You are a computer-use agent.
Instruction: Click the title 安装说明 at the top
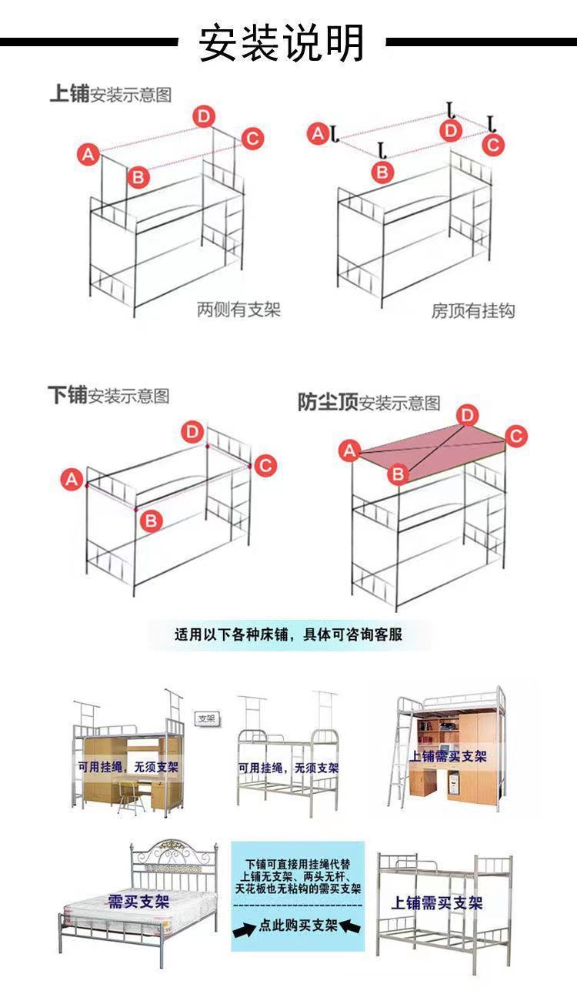[x=282, y=42]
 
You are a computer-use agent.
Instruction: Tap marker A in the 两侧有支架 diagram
[x=88, y=154]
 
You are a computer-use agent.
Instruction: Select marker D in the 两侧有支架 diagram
[x=203, y=116]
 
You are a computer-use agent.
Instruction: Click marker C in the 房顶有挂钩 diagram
[x=493, y=144]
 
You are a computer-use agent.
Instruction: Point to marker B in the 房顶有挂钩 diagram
[x=382, y=172]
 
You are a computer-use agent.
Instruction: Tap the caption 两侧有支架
[x=238, y=310]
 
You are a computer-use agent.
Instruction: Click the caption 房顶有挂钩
[x=472, y=311]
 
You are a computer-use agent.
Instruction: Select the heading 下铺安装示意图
[x=108, y=396]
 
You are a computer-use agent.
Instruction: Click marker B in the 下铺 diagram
[x=151, y=521]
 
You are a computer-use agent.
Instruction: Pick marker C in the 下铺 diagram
[x=265, y=466]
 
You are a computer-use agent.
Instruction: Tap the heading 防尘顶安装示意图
[x=369, y=402]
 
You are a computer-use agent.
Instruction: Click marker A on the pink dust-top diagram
[x=350, y=450]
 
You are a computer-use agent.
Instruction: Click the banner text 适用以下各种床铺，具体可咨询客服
[x=288, y=635]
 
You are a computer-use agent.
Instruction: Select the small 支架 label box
[x=207, y=718]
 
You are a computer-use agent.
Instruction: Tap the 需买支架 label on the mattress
[x=138, y=901]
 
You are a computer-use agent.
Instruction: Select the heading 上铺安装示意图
[x=110, y=95]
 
